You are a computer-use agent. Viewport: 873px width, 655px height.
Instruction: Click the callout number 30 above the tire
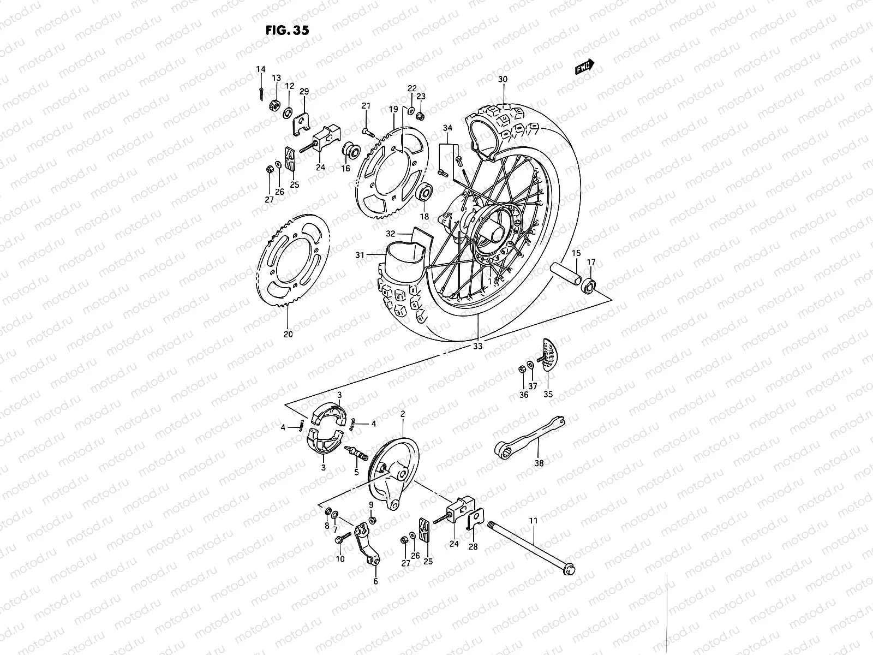(x=503, y=79)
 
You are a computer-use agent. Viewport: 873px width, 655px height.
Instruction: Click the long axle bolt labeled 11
(x=532, y=546)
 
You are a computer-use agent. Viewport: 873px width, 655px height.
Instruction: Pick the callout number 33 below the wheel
(x=478, y=346)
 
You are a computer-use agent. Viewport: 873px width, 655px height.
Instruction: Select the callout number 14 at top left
(x=261, y=69)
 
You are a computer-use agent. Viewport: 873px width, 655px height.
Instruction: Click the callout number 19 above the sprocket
(x=393, y=110)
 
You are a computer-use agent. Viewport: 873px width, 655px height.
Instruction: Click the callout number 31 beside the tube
(x=359, y=254)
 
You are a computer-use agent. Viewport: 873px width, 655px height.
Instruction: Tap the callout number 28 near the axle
(x=473, y=546)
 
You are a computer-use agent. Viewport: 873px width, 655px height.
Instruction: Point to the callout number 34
(x=447, y=128)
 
